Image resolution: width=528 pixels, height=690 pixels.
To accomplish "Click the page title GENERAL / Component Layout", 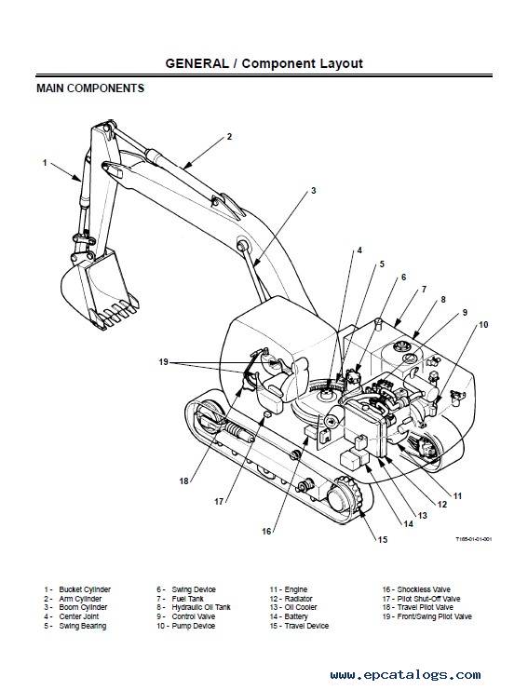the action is (x=264, y=63).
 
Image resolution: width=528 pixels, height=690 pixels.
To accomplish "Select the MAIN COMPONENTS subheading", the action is (x=90, y=88).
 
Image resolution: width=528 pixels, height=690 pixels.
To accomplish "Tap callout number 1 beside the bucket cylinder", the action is (x=45, y=163).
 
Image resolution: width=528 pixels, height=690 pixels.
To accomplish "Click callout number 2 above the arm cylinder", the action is (x=229, y=136).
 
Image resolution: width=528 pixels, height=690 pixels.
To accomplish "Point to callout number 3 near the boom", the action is (x=313, y=191).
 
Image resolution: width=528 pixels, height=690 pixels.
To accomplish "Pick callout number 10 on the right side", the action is (x=483, y=325).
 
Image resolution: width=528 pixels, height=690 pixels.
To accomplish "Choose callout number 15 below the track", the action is (x=383, y=539).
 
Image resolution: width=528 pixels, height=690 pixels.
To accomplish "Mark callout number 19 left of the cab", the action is (x=164, y=362).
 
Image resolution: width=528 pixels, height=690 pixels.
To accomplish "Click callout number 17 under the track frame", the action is (x=219, y=501).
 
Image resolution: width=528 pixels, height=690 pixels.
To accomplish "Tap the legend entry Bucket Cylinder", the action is (x=85, y=589).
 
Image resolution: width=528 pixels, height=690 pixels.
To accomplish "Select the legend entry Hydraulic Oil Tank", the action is (x=201, y=607).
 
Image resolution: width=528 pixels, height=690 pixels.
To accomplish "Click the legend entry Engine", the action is (x=296, y=589).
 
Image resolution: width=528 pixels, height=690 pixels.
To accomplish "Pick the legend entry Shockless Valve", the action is (x=424, y=589).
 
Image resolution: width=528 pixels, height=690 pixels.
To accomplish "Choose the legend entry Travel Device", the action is (x=306, y=626).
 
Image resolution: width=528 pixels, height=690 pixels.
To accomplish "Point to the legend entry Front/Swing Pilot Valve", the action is (x=434, y=616).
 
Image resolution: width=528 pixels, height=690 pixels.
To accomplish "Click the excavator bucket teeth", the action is (x=115, y=313).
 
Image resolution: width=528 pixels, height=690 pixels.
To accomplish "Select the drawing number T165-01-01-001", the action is (x=474, y=539).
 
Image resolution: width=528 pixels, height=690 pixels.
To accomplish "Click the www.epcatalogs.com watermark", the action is (x=406, y=674).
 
